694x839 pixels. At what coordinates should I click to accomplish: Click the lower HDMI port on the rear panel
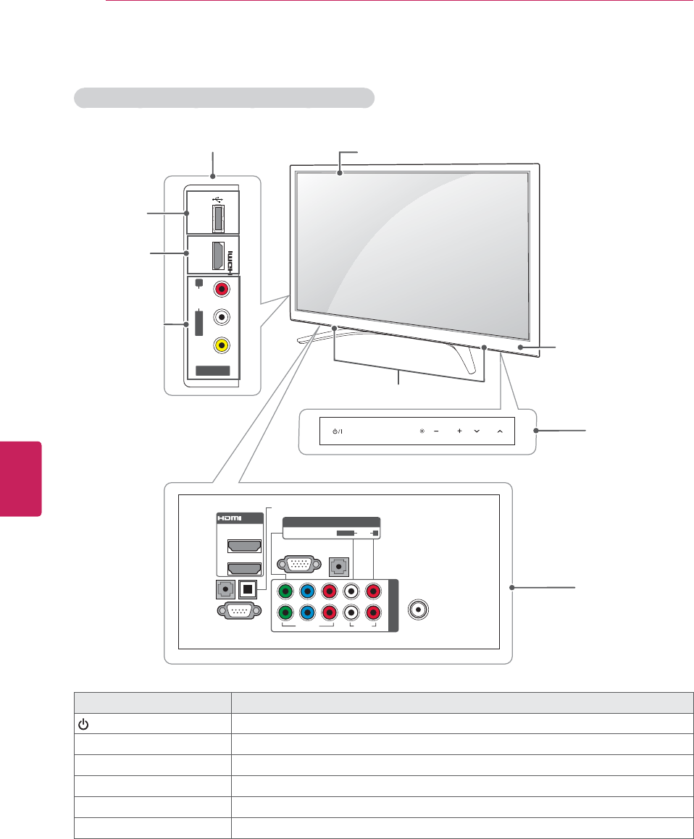tap(245, 569)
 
